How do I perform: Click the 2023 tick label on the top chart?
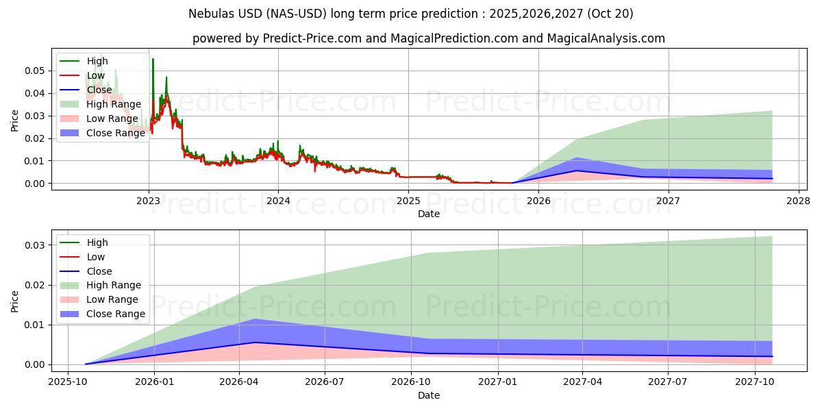point(149,201)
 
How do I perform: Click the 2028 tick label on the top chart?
point(798,201)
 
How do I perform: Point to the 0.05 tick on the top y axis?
point(35,71)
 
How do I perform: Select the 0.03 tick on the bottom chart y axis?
point(35,245)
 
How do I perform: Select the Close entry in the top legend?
point(99,90)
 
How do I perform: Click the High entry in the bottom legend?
point(97,242)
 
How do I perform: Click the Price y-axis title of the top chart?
point(15,121)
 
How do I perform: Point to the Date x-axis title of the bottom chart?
point(429,395)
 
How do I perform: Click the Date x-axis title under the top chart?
point(429,214)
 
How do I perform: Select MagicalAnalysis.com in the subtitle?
point(606,38)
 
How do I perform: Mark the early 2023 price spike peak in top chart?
point(153,59)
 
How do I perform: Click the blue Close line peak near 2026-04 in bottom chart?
point(255,342)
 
